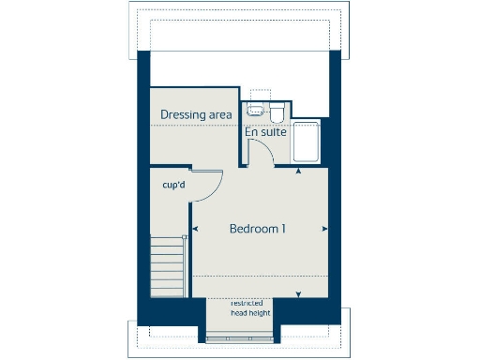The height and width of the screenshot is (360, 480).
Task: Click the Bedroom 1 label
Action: pyautogui.click(x=258, y=229)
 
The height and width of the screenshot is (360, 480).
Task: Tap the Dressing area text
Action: pyautogui.click(x=195, y=114)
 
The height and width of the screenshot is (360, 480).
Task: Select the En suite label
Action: pyautogui.click(x=265, y=132)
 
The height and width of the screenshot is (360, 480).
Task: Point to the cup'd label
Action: pyautogui.click(x=172, y=185)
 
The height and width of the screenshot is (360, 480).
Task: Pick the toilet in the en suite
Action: pyautogui.click(x=277, y=113)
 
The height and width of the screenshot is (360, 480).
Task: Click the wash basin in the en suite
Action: pyautogui.click(x=254, y=111)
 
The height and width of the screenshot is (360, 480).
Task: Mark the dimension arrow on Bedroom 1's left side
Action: pyautogui.click(x=195, y=229)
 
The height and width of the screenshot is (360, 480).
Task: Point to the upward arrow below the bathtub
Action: pyautogui.click(x=299, y=172)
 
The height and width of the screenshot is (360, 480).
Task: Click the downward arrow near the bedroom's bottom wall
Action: pyautogui.click(x=299, y=294)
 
